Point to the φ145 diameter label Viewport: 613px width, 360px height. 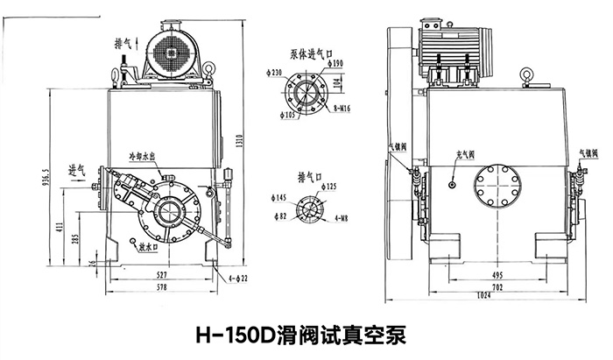[279, 200]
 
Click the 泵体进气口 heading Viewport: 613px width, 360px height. [306, 52]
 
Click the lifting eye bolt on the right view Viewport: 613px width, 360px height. [526, 75]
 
